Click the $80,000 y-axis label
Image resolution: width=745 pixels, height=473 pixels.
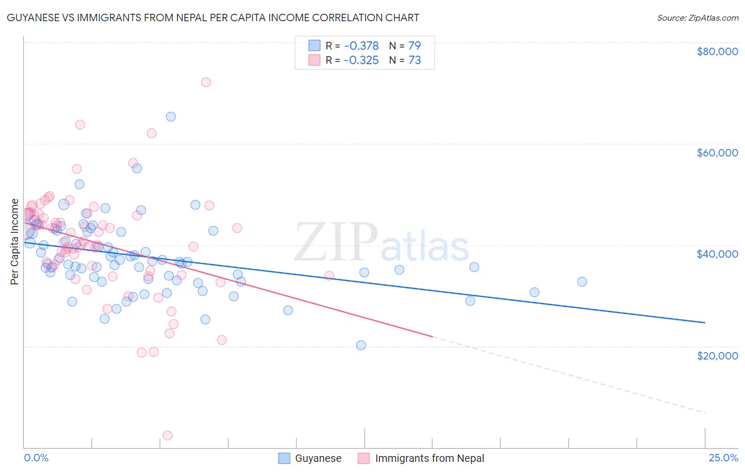click(x=717, y=51)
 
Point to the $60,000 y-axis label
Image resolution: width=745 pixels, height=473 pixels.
click(x=717, y=153)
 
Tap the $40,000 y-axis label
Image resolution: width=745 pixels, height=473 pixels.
click(x=717, y=254)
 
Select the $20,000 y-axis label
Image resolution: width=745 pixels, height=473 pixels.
click(x=717, y=355)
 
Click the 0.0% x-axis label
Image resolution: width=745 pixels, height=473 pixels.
click(x=36, y=458)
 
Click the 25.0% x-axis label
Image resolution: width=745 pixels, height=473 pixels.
click(x=723, y=458)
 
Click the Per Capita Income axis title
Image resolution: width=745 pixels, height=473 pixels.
click(x=15, y=241)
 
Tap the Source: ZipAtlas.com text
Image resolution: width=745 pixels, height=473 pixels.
click(x=697, y=18)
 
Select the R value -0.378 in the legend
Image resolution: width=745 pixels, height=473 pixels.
click(x=361, y=46)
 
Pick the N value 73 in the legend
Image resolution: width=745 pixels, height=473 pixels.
click(x=414, y=60)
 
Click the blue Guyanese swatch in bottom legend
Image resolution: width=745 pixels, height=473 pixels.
click(x=285, y=458)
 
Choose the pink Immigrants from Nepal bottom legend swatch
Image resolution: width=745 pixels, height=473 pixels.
click(x=363, y=458)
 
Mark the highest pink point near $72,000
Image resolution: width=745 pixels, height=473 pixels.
click(x=206, y=82)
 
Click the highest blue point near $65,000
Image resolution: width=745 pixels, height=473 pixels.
click(x=171, y=117)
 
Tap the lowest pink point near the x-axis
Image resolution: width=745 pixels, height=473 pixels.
click(x=167, y=435)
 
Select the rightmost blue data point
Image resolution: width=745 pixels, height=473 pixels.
click(x=582, y=282)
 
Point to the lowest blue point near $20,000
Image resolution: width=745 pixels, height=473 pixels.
click(x=361, y=345)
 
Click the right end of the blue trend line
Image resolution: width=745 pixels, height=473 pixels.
click(x=705, y=322)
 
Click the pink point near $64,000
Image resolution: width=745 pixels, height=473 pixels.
click(x=80, y=125)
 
